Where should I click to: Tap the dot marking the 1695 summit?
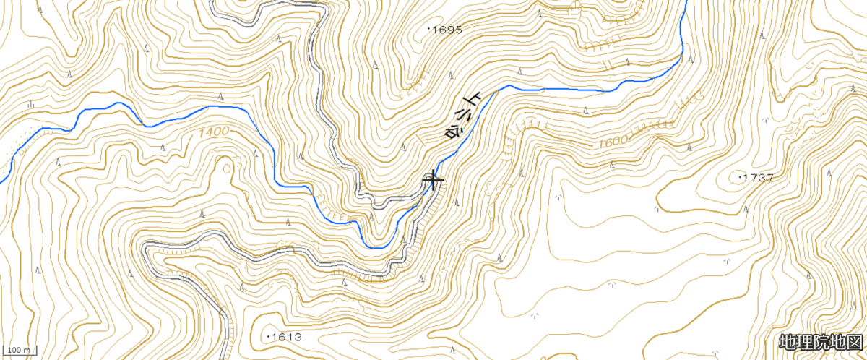430,29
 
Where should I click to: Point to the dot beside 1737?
742,176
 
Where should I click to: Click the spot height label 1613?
287,338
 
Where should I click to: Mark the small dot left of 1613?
269,337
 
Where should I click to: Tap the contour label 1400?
212,132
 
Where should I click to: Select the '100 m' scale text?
18,351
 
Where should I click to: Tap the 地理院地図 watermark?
821,342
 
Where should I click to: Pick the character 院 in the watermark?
821,342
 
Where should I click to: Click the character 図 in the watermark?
855,342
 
